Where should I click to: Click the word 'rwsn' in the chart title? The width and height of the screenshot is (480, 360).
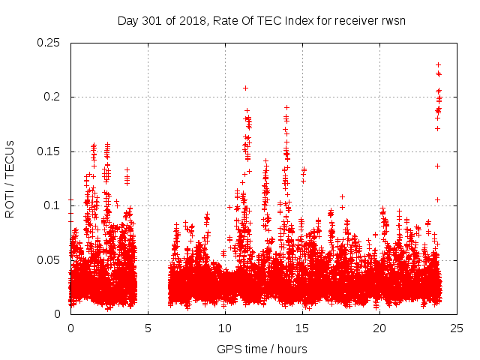tap(393, 20)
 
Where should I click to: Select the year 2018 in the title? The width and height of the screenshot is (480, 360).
tap(185, 20)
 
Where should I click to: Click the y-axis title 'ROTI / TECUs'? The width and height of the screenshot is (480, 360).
tap(10, 178)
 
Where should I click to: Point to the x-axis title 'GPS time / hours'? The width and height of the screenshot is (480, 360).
tap(262, 349)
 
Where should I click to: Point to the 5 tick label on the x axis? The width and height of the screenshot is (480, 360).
tap(148, 328)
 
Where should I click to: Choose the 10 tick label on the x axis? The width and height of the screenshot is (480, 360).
tap(225, 328)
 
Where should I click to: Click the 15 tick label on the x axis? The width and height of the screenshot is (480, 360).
tap(302, 328)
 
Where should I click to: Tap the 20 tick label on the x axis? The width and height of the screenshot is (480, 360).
tap(379, 328)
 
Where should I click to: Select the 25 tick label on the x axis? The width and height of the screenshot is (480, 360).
tap(457, 328)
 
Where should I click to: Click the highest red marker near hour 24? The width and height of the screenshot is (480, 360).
tap(438, 64)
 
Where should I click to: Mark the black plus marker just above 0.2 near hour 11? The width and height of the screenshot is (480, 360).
tap(245, 88)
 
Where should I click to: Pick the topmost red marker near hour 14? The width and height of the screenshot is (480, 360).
tap(286, 107)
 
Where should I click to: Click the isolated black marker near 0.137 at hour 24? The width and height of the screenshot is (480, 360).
tap(437, 166)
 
